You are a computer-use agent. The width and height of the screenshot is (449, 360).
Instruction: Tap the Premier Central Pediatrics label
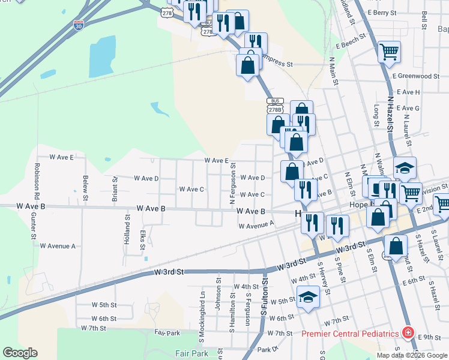[350, 334]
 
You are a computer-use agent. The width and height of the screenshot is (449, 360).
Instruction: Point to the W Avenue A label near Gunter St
[58, 246]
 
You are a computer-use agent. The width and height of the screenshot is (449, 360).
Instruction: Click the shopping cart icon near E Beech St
[389, 53]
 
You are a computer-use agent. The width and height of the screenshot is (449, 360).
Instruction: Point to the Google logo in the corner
[20, 353]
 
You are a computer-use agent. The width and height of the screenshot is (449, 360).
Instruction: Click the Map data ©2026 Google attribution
[412, 355]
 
